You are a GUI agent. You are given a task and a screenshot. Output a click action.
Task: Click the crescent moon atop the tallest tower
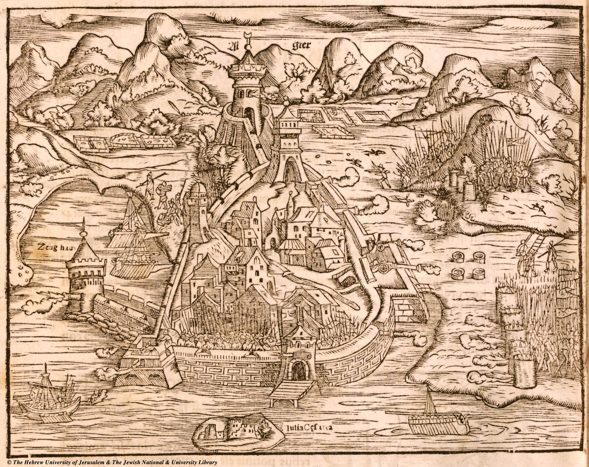247,35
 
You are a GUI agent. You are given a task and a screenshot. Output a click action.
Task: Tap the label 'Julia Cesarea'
309,427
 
